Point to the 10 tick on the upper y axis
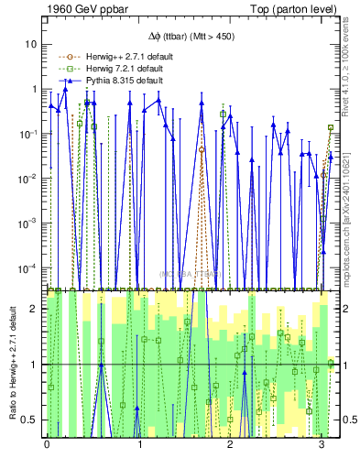click(31, 44)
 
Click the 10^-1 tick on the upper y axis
click(29, 134)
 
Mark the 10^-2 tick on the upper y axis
click(29, 179)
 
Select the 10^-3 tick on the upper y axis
click(29, 224)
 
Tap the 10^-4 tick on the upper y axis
click(29, 268)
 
